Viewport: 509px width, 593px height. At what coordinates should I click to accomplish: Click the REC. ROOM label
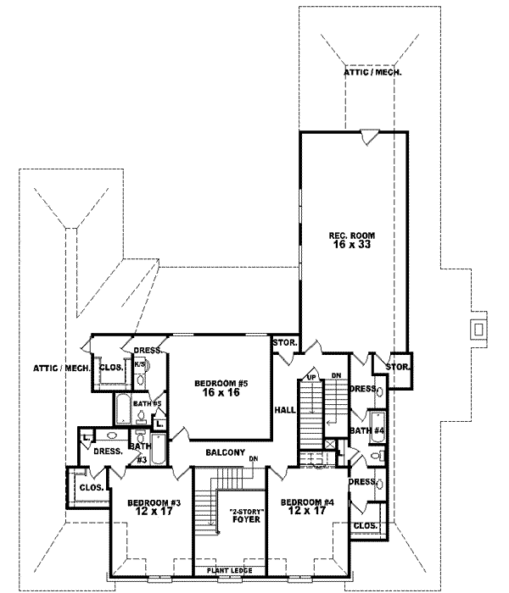coord(352,235)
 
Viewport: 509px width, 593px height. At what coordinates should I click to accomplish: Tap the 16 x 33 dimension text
coord(352,245)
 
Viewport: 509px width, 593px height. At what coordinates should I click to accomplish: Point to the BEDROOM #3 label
coord(150,502)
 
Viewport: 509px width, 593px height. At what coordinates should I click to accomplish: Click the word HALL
coord(283,410)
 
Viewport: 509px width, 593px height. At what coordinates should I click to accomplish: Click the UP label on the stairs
coord(311,376)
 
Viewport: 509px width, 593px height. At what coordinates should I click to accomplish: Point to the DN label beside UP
coord(334,376)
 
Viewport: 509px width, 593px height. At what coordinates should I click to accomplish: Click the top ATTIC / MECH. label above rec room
coord(372,73)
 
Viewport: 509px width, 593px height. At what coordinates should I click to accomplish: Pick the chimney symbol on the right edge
coord(478,328)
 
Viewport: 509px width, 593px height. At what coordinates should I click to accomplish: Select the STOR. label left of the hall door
coord(283,343)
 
